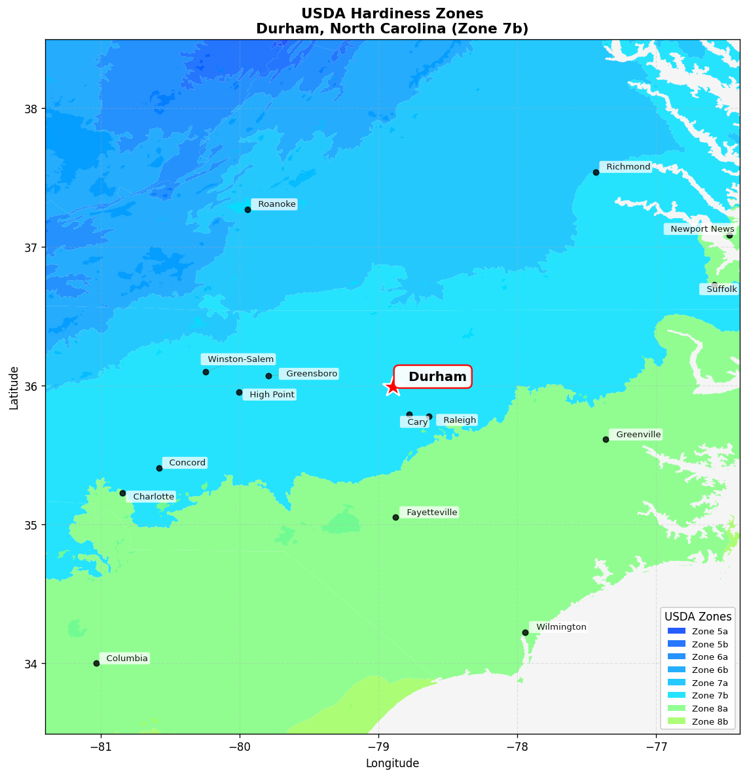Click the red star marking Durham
392,386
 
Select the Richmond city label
627,167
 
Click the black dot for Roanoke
247,209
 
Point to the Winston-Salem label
238,359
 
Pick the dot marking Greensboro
268,376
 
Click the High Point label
270,395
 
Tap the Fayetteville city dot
395,517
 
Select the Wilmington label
559,627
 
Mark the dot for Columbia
96,663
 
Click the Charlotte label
151,497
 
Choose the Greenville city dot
606,439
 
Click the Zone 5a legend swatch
676,631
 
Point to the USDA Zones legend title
698,617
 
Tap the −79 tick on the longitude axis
378,747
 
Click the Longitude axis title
392,763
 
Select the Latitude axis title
14,388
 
